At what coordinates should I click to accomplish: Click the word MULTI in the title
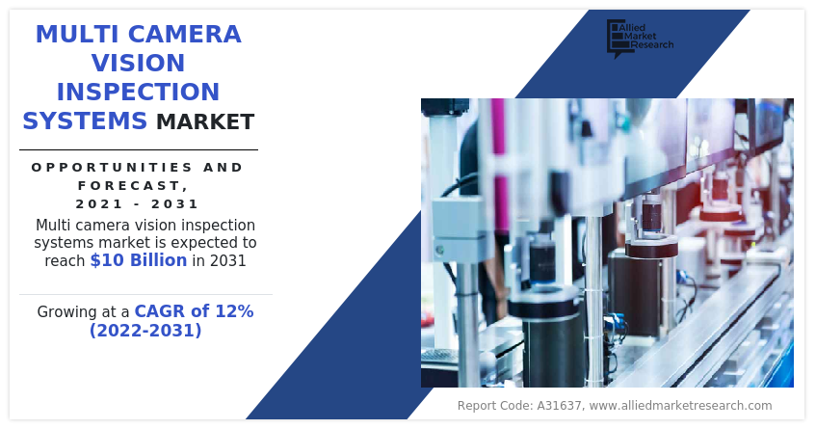(78, 35)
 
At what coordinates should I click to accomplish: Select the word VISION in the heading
(138, 64)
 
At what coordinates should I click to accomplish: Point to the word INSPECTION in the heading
(138, 93)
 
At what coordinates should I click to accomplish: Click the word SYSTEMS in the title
(85, 121)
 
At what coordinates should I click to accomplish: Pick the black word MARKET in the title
(205, 122)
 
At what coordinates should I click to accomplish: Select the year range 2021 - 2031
(138, 203)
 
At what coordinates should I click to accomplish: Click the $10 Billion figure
(139, 260)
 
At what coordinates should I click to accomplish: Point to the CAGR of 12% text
(194, 311)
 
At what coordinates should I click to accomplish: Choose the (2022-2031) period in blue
(145, 331)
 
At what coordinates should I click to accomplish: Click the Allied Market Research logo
(639, 38)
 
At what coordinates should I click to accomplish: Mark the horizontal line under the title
(138, 149)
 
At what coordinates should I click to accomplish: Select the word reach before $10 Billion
(66, 261)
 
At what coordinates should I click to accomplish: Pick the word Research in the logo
(651, 45)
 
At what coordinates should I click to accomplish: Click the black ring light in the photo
(651, 249)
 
